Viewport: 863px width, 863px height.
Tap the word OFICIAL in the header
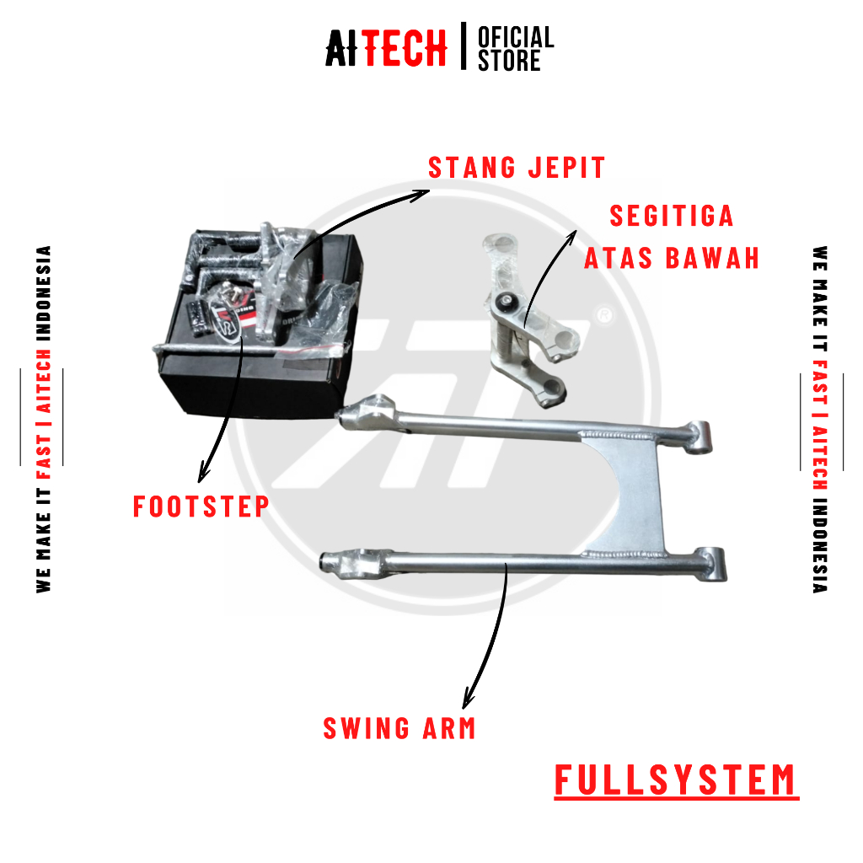516,38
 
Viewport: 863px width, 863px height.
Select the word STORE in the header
509,62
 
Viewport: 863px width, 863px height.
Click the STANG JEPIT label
517,168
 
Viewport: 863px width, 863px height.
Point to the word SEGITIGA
672,217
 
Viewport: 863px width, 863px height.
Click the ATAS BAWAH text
672,258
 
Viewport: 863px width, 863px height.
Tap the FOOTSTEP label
201,507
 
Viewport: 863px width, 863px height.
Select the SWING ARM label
399,728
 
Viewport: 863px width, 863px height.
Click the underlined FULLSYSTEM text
676,780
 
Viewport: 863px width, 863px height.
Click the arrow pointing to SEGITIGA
548,270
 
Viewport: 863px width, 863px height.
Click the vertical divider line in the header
463,47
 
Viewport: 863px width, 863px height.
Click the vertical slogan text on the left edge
44,419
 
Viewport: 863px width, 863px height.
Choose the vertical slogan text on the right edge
820,419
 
